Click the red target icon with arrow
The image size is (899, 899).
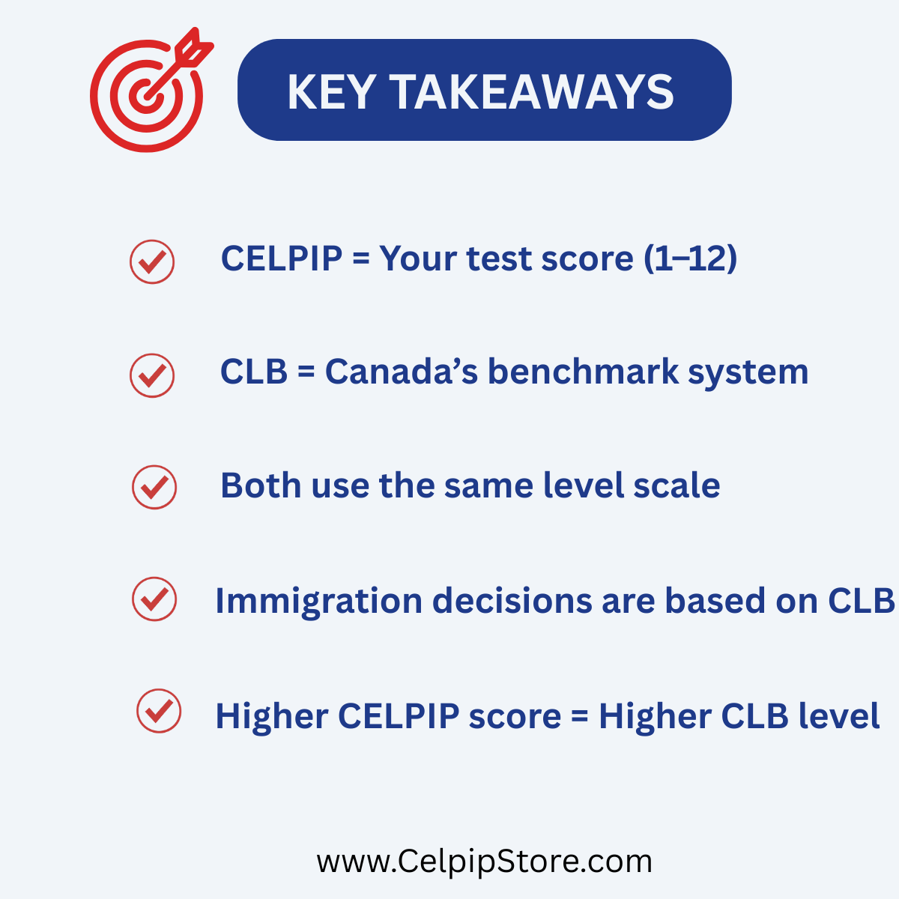click(148, 95)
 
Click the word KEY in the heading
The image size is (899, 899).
click(331, 92)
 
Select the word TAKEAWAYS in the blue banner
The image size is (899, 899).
click(531, 92)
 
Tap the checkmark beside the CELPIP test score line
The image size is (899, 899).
click(152, 261)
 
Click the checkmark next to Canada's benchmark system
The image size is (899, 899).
click(152, 375)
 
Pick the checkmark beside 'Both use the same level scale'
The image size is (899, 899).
click(154, 487)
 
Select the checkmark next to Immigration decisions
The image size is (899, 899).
click(154, 599)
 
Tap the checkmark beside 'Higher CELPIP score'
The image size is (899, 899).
click(159, 711)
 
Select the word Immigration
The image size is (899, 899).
click(319, 601)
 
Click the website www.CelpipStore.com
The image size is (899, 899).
click(484, 862)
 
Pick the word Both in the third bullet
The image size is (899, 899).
click(261, 485)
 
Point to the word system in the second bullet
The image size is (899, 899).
click(748, 373)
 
